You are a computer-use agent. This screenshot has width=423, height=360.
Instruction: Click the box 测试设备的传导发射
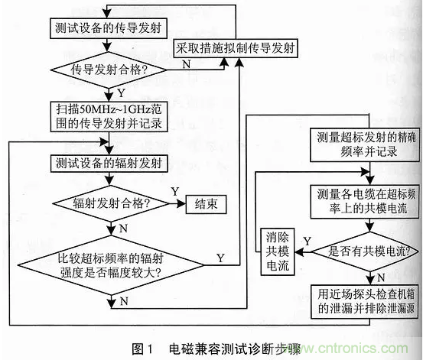point(109,28)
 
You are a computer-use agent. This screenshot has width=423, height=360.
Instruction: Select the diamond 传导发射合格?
point(109,70)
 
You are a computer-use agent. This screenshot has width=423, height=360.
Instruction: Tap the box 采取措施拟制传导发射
point(236,48)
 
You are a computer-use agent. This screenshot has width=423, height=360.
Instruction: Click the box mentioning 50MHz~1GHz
point(109,116)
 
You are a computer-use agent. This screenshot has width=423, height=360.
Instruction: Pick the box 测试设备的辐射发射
point(109,163)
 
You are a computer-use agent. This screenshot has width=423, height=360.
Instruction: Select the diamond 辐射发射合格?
point(111,203)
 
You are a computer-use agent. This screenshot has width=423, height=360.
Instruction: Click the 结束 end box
point(206,204)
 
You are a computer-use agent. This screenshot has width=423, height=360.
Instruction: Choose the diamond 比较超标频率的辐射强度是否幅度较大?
point(111,265)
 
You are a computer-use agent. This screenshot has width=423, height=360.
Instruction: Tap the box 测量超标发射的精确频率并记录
point(365,145)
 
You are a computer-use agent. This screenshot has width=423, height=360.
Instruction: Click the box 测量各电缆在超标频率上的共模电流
point(365,202)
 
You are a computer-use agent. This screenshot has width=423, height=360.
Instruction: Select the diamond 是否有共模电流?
point(365,251)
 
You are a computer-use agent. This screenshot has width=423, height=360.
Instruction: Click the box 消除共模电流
point(278,251)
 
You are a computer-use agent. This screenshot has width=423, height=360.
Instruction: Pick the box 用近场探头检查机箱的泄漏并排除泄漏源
point(365,302)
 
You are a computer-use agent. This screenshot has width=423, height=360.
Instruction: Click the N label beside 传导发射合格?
point(187,64)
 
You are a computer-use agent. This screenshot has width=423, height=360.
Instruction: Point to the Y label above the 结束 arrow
point(175,192)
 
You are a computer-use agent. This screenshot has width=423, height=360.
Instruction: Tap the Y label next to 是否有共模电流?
point(307,241)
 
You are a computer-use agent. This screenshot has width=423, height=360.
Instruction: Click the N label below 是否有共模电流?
point(381,277)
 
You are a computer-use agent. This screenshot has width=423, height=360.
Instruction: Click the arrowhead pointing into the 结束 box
point(181,203)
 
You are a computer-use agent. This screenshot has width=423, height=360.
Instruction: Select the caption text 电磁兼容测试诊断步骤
point(235,349)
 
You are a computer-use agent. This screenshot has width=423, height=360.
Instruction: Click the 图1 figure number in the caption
point(142,349)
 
